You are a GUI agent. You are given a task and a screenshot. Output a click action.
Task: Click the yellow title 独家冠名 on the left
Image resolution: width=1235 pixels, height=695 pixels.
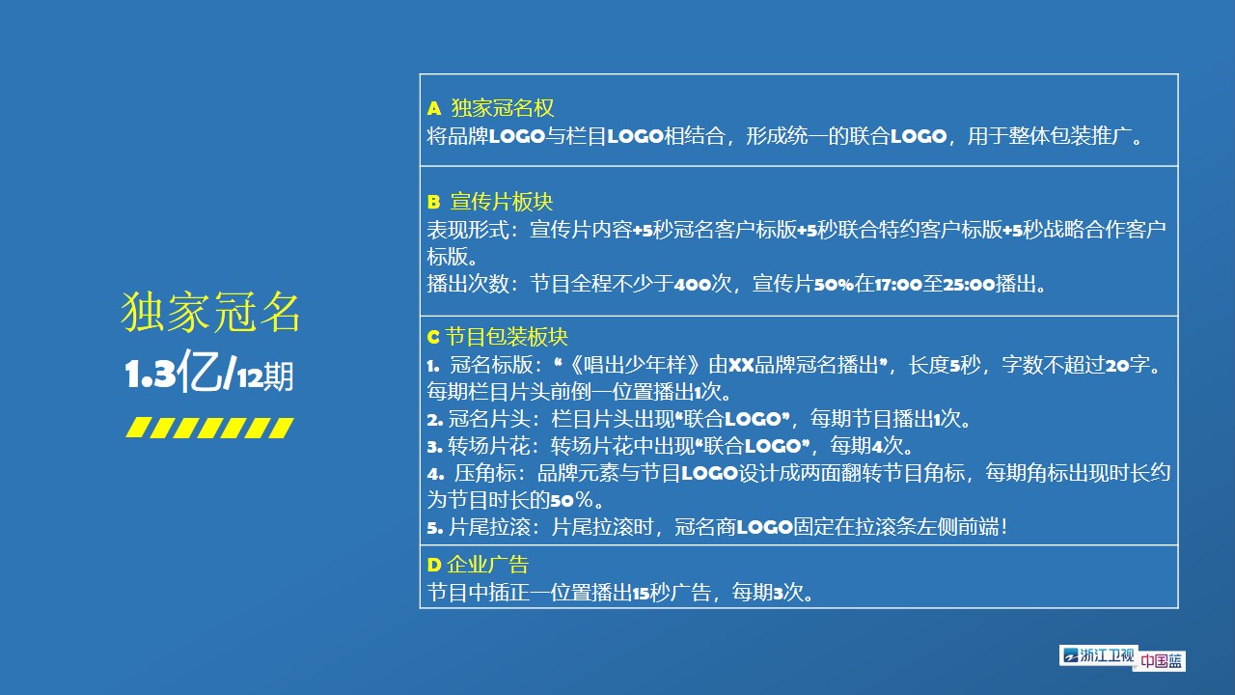point(210,312)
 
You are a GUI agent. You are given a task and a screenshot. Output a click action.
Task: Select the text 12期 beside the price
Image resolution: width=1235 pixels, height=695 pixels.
point(265,377)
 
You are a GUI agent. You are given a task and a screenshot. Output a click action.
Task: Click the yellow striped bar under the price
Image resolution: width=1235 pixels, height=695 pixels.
point(209,428)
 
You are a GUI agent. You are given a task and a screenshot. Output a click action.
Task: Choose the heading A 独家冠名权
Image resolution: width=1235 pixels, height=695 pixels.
point(490,108)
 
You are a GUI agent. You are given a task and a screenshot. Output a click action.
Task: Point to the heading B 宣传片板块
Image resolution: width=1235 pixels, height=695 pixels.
point(489,202)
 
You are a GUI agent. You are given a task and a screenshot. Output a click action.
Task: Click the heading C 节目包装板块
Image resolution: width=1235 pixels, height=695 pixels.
point(497,337)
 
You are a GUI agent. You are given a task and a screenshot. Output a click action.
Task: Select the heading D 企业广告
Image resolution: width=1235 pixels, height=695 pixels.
point(478,565)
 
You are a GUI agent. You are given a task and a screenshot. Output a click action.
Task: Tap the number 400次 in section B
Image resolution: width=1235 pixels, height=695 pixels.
point(703,284)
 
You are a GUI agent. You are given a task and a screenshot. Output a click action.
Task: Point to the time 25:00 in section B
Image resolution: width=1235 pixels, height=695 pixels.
point(969,285)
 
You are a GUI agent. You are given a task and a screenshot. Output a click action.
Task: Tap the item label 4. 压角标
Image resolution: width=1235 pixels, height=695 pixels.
point(475,473)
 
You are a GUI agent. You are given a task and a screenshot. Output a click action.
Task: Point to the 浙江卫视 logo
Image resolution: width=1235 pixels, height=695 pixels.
point(1098,655)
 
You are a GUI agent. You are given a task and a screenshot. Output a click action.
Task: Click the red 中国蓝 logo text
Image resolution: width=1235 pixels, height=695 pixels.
point(1161,661)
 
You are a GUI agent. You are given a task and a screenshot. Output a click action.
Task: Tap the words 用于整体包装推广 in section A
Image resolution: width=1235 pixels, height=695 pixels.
point(1049,136)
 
